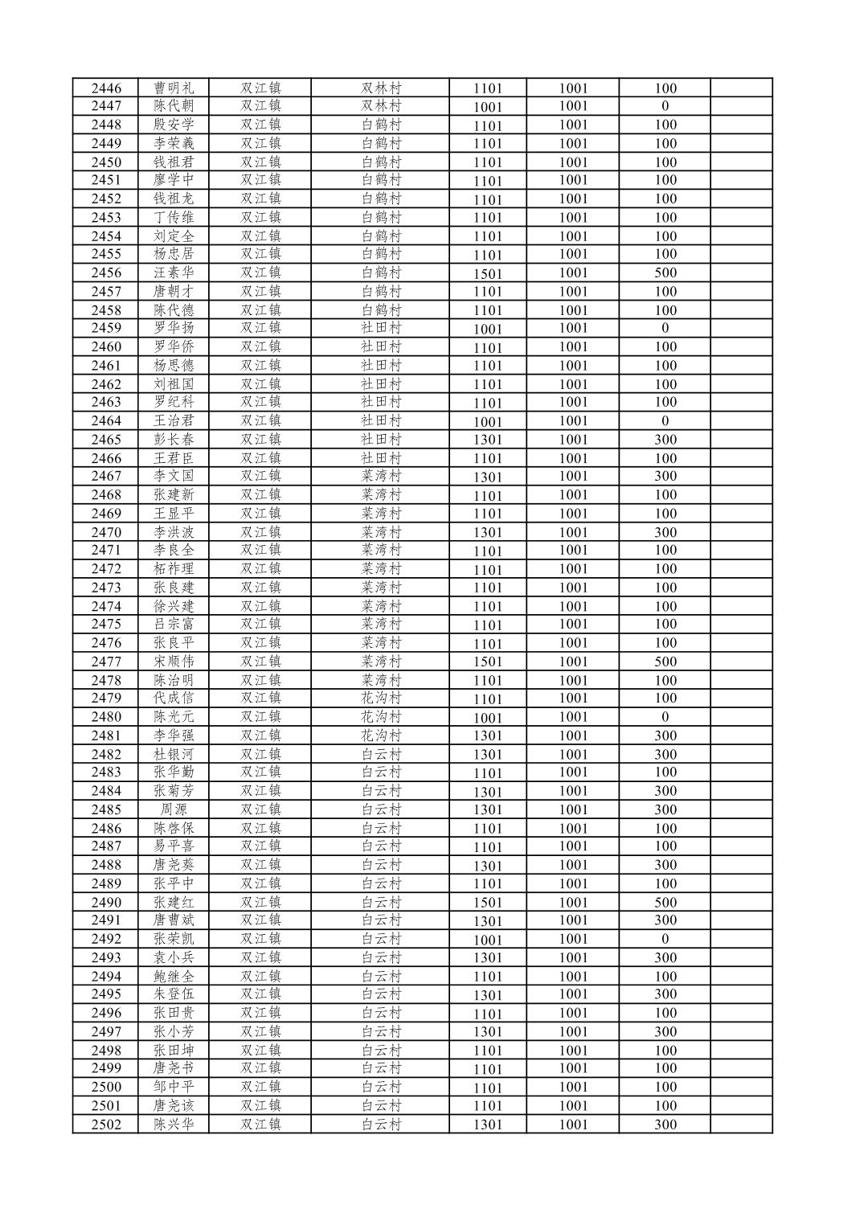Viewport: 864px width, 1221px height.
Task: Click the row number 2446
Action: coord(106,88)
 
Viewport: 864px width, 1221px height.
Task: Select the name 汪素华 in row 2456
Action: coord(174,272)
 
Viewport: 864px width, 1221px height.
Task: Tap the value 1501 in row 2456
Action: coord(488,273)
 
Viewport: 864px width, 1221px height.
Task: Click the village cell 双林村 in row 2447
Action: coord(381,106)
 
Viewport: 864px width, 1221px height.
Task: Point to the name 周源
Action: coord(174,809)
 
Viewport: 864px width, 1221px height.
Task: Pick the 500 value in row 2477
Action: coord(665,662)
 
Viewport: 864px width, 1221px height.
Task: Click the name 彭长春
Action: coord(174,440)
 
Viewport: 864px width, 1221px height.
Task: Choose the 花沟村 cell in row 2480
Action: coord(381,717)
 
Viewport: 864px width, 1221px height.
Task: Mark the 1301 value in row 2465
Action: coord(488,440)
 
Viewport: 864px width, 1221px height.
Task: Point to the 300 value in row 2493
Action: coord(665,957)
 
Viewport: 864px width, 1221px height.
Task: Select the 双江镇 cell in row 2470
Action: coord(260,532)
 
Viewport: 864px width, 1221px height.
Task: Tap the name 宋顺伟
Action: coord(174,662)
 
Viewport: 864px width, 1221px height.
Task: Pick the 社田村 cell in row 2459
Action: coord(381,328)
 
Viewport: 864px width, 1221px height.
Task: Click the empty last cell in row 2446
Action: coord(741,88)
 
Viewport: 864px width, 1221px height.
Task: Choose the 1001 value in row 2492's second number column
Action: coord(574,939)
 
